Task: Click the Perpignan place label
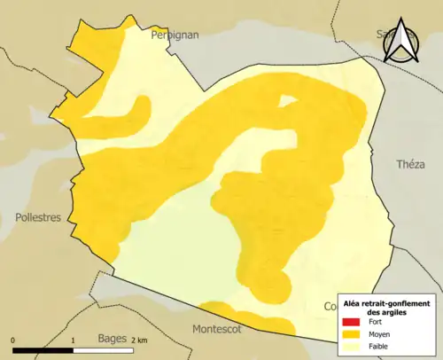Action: coord(175,35)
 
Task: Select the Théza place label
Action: coord(410,164)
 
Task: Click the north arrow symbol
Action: coord(403,42)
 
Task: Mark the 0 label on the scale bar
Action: coord(13,340)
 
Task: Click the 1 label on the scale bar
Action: coord(72,340)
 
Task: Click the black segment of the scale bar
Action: coord(43,349)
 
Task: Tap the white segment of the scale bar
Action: coord(101,349)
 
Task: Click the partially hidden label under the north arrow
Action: coord(385,35)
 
